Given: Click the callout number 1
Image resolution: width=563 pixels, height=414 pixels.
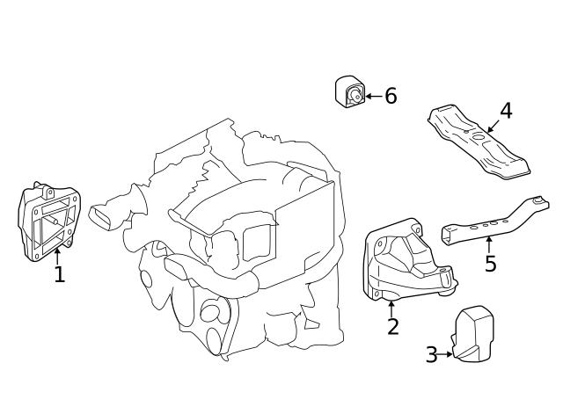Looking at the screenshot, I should (x=59, y=275).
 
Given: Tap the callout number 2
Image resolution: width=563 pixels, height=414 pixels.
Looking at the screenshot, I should (x=392, y=327).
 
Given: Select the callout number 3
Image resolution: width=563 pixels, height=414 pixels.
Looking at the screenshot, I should (x=431, y=355).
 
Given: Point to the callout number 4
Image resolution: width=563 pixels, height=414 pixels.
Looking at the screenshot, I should (x=506, y=111).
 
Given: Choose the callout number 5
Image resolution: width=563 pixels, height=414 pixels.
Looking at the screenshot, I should (x=490, y=263).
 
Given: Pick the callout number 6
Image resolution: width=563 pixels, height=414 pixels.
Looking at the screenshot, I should (x=391, y=96).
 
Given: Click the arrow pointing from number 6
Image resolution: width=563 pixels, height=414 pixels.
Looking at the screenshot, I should (x=373, y=96).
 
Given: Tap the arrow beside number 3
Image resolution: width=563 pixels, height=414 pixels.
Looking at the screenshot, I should (x=446, y=355).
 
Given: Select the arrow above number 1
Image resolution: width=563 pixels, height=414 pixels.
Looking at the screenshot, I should (x=58, y=256).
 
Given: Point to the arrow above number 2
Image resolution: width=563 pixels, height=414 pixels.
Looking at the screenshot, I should (x=391, y=308).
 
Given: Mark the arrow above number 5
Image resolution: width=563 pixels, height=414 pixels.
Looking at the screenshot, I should (x=489, y=243).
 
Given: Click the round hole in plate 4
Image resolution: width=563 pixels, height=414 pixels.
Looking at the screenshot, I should (x=478, y=136).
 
